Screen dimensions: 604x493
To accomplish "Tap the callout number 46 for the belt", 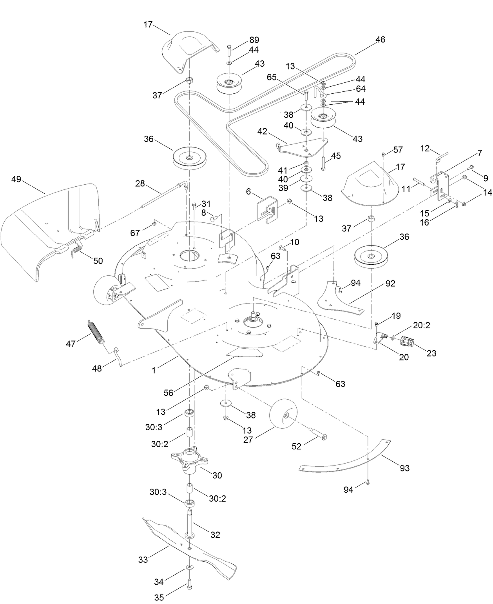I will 380,39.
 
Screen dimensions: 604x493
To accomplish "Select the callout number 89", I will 254,40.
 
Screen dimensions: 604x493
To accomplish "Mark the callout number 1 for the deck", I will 154,370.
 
